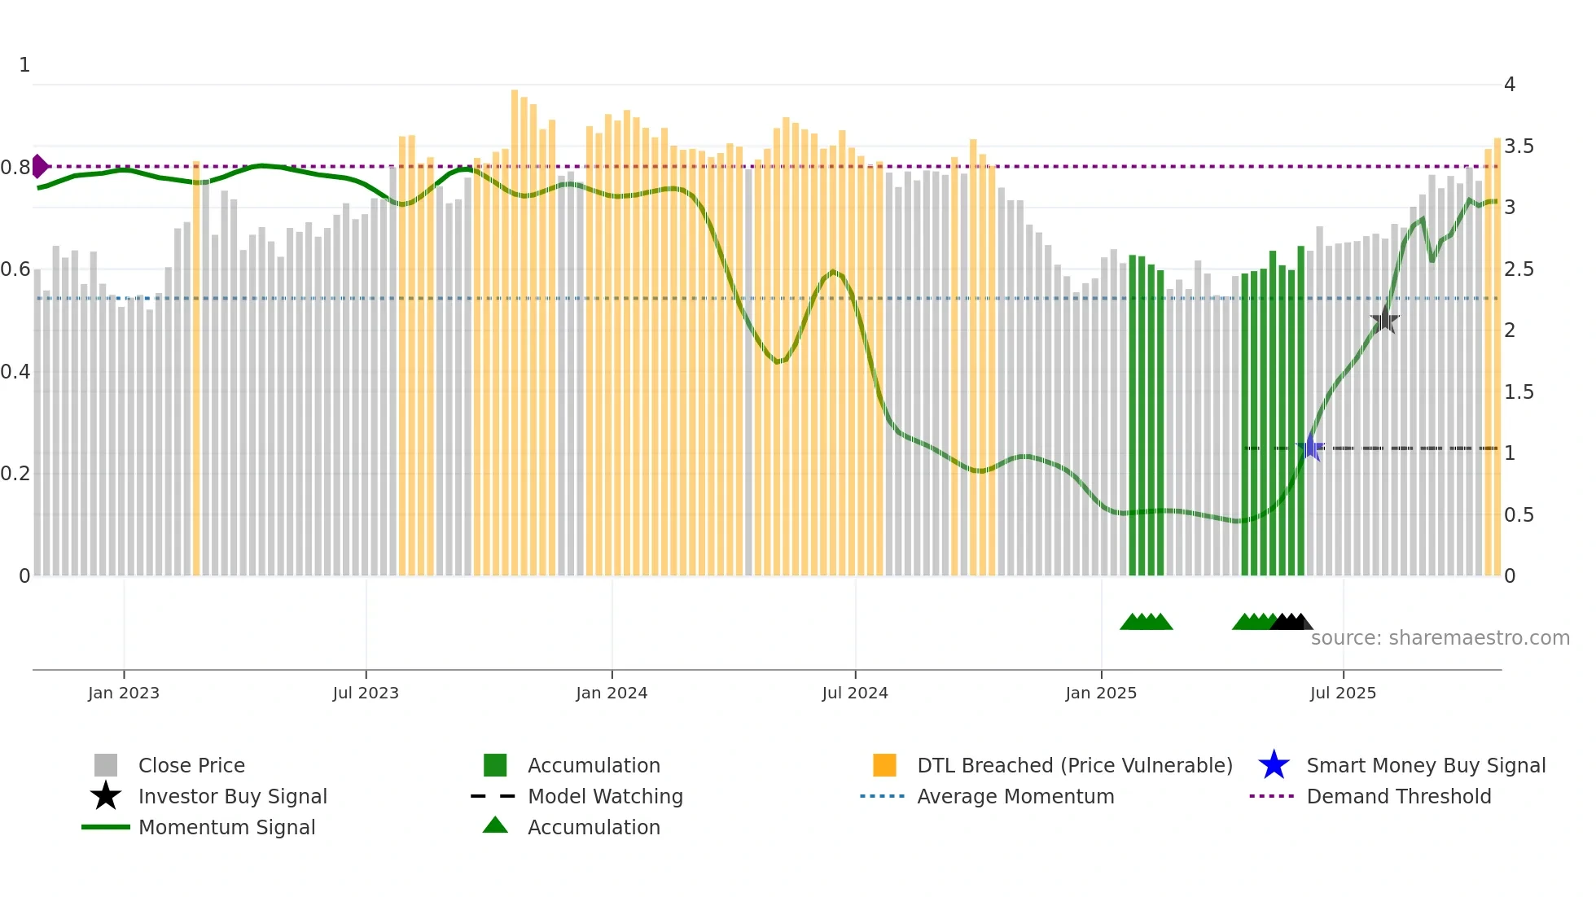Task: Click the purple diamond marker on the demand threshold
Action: click(39, 166)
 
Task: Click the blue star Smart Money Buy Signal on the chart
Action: click(1310, 448)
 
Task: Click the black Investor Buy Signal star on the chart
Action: click(1384, 320)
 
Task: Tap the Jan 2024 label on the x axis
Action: click(612, 693)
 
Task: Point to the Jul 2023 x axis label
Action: click(366, 693)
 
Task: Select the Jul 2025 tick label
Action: click(1343, 693)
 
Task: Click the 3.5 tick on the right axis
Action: click(1519, 147)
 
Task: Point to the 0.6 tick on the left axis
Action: click(15, 269)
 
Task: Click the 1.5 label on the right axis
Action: click(1519, 392)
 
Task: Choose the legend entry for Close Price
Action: click(191, 765)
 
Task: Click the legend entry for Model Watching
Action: click(605, 796)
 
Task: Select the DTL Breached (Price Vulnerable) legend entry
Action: click(1074, 765)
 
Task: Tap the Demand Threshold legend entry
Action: click(1398, 796)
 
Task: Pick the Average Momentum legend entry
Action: click(1015, 796)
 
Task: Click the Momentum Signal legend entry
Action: click(226, 827)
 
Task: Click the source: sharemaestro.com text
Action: click(1440, 638)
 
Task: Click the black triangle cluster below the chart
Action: click(1291, 623)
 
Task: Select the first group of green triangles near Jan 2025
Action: click(1146, 623)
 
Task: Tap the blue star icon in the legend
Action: click(1274, 765)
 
